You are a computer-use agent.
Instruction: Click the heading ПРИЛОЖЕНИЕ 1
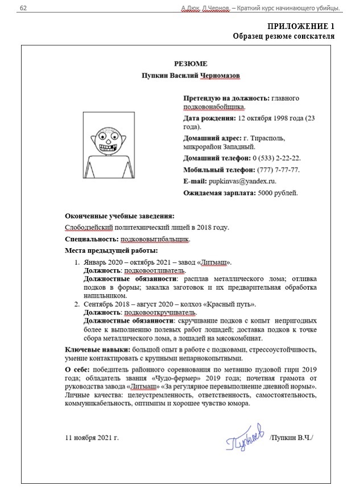[x=300, y=27]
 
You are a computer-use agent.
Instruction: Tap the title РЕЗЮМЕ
[x=191, y=64]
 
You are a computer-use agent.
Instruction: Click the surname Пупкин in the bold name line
[x=155, y=75]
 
